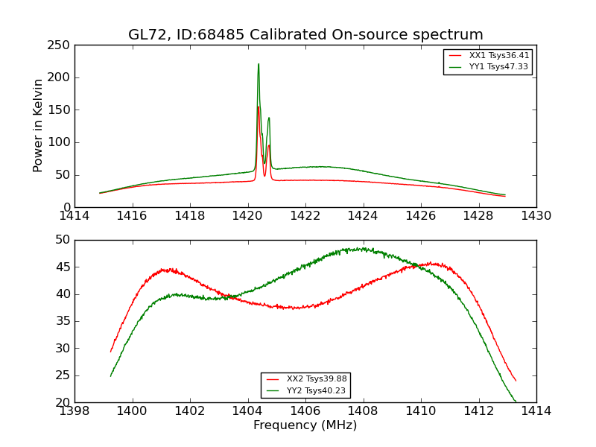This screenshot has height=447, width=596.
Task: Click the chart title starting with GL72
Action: (x=305, y=35)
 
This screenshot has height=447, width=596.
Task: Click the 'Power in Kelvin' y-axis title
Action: (x=38, y=125)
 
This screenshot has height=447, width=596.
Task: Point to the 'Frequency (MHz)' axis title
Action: (x=305, y=425)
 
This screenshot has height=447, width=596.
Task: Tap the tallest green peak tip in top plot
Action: (x=259, y=64)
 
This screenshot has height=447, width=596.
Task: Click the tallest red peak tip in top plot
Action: (x=259, y=107)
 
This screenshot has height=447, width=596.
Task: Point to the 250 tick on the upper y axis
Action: (x=60, y=45)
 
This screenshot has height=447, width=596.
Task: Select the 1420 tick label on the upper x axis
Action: (x=247, y=215)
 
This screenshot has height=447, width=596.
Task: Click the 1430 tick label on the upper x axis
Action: (x=536, y=215)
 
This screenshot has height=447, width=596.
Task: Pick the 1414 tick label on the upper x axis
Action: (x=74, y=215)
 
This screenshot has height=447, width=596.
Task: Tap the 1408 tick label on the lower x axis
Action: (x=363, y=410)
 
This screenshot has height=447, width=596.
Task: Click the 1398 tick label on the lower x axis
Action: (x=74, y=410)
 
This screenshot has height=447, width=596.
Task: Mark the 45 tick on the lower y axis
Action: (x=63, y=267)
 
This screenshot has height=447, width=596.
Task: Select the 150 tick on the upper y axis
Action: (x=60, y=110)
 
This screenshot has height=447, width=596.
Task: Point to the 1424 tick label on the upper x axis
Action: (x=363, y=215)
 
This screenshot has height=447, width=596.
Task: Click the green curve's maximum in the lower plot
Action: (x=362, y=248)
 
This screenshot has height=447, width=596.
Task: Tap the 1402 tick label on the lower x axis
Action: (x=190, y=410)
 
